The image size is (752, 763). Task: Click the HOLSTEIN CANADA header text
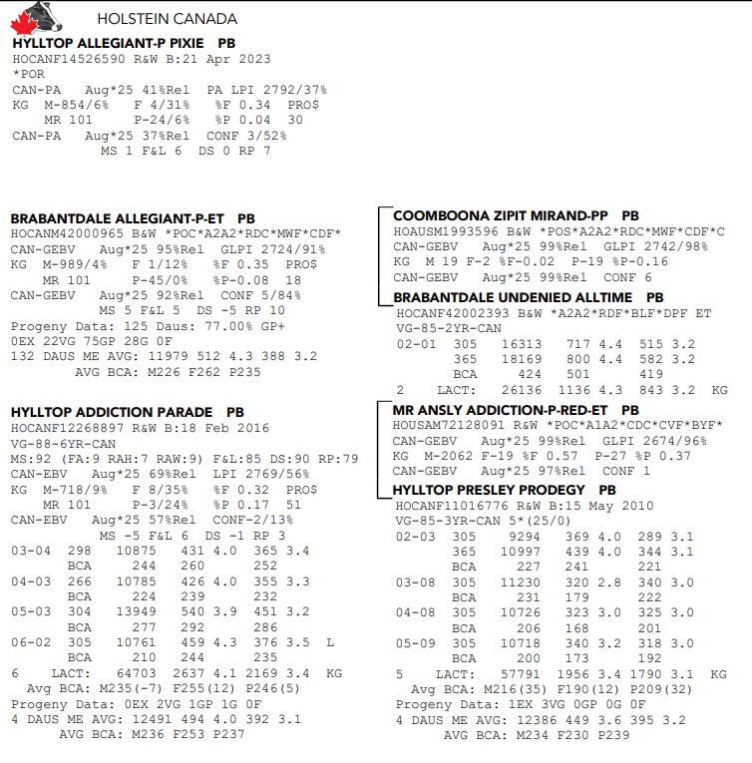(x=167, y=19)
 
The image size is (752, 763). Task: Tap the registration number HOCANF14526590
(x=61, y=59)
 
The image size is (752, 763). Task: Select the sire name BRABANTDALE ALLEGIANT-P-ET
(x=117, y=218)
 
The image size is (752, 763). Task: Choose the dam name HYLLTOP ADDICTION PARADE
(x=111, y=412)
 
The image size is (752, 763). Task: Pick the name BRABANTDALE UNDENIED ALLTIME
(x=513, y=297)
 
